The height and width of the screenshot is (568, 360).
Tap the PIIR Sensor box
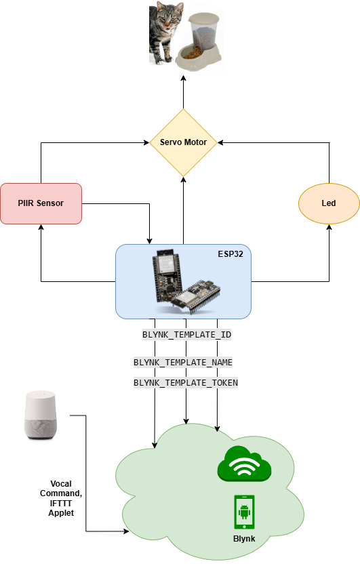point(41,203)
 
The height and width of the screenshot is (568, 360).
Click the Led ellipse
point(329,203)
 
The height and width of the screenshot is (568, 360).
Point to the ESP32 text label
point(231,254)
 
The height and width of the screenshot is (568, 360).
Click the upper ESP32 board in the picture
point(167,271)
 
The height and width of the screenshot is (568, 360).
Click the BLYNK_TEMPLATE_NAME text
point(183,363)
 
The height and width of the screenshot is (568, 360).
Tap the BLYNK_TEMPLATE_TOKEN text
point(186,383)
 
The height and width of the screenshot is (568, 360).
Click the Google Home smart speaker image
point(41,415)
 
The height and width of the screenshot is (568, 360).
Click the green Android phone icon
point(244,512)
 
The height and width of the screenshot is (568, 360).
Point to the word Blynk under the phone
point(244,539)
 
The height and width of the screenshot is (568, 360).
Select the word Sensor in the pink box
point(50,203)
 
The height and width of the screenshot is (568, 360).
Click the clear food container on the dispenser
point(204,34)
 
